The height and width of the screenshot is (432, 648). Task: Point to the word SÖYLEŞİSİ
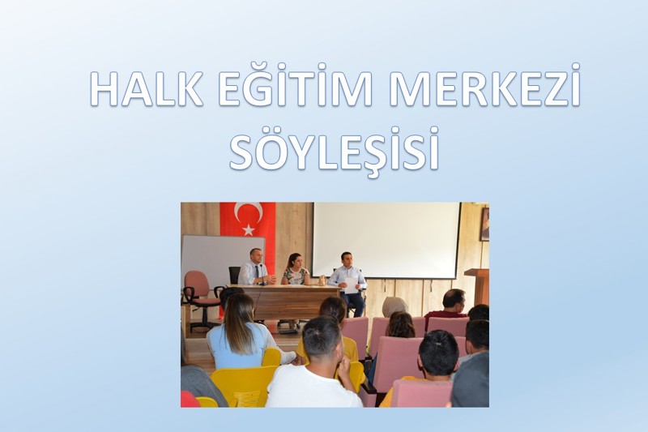click(x=334, y=150)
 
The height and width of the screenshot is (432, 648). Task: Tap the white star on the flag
click(x=248, y=230)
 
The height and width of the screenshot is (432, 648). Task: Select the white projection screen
click(x=386, y=240)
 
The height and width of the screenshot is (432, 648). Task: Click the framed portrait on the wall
click(x=484, y=225)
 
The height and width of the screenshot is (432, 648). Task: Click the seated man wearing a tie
click(x=255, y=269)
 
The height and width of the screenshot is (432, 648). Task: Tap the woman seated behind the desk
click(x=294, y=271)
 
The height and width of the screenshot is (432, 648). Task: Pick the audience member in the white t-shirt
click(x=314, y=373)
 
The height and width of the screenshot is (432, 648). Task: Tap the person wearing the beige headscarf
click(x=394, y=306)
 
